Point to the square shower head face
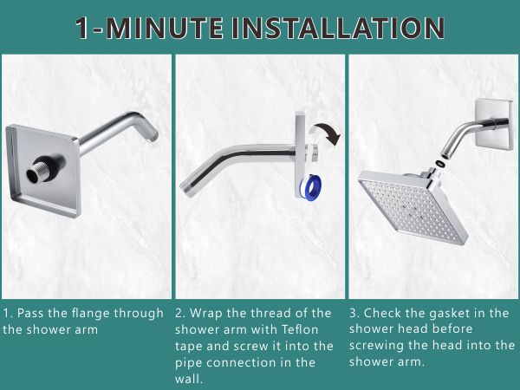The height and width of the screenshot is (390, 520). click(413, 204)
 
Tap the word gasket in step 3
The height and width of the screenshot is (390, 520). click(434, 313)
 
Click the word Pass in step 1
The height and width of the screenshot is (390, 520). click(31, 313)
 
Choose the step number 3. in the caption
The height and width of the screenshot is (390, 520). click(354, 313)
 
